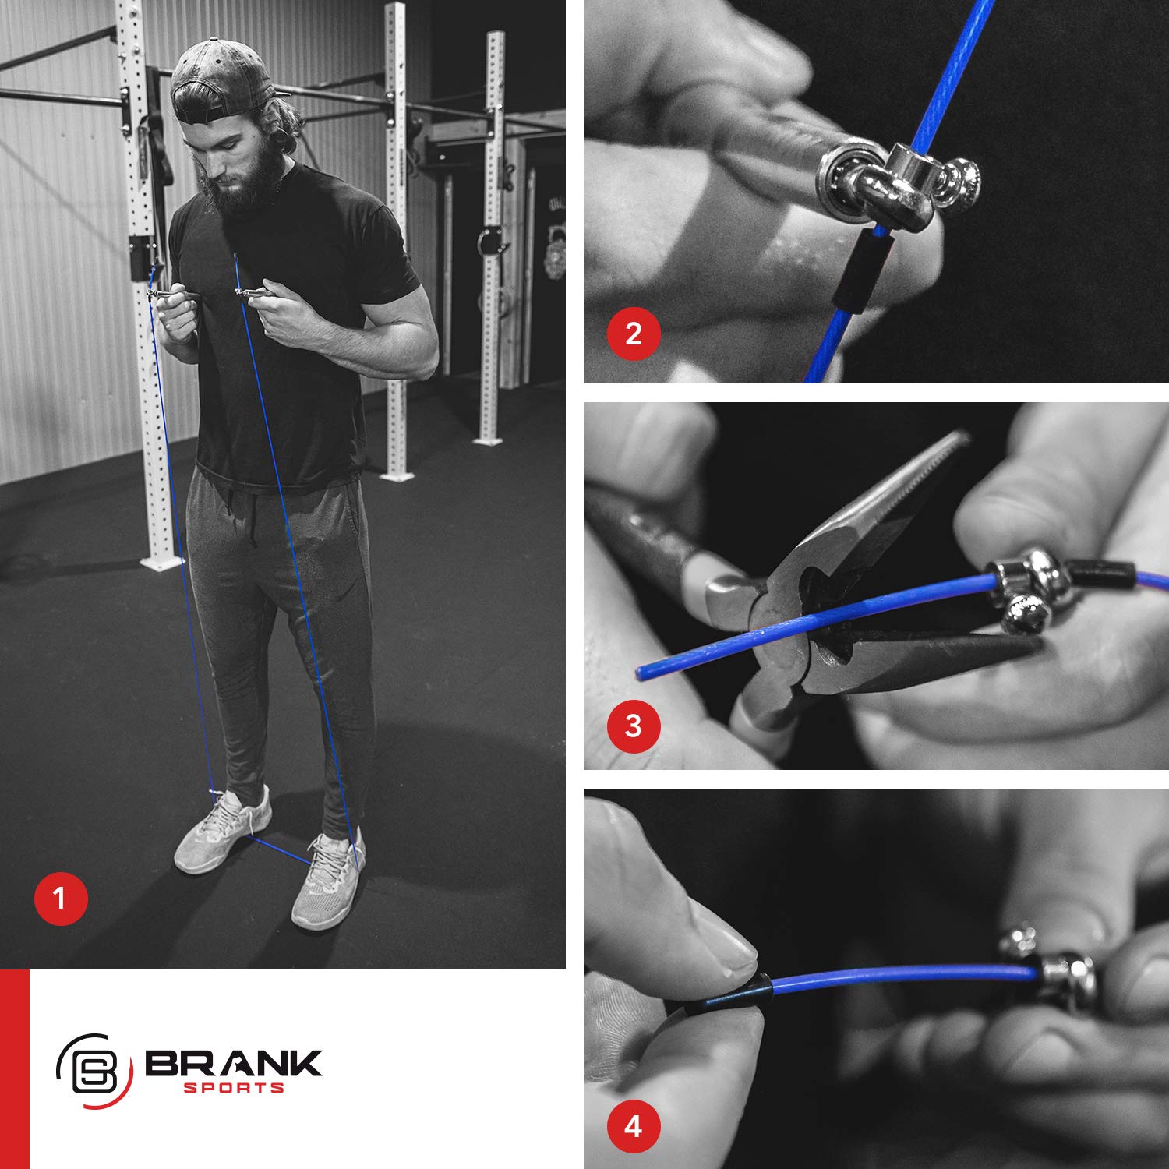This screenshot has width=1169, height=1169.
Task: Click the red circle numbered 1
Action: coord(61,899)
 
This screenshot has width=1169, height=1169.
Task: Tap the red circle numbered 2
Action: coord(634,334)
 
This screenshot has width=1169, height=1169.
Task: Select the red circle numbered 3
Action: coord(634,726)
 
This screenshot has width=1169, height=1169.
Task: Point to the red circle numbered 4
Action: coord(634,1126)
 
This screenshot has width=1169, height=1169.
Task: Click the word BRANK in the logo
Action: coord(233,1064)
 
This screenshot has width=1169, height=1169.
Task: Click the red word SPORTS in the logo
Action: coord(234,1088)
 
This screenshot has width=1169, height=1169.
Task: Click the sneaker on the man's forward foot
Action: coord(327,881)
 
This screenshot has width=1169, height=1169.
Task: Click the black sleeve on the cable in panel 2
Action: coord(861,273)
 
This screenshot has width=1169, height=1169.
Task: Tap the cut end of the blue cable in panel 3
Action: coord(641,672)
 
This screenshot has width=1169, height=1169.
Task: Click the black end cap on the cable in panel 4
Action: coord(733,996)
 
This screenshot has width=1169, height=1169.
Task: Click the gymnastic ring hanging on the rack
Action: coord(489,240)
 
